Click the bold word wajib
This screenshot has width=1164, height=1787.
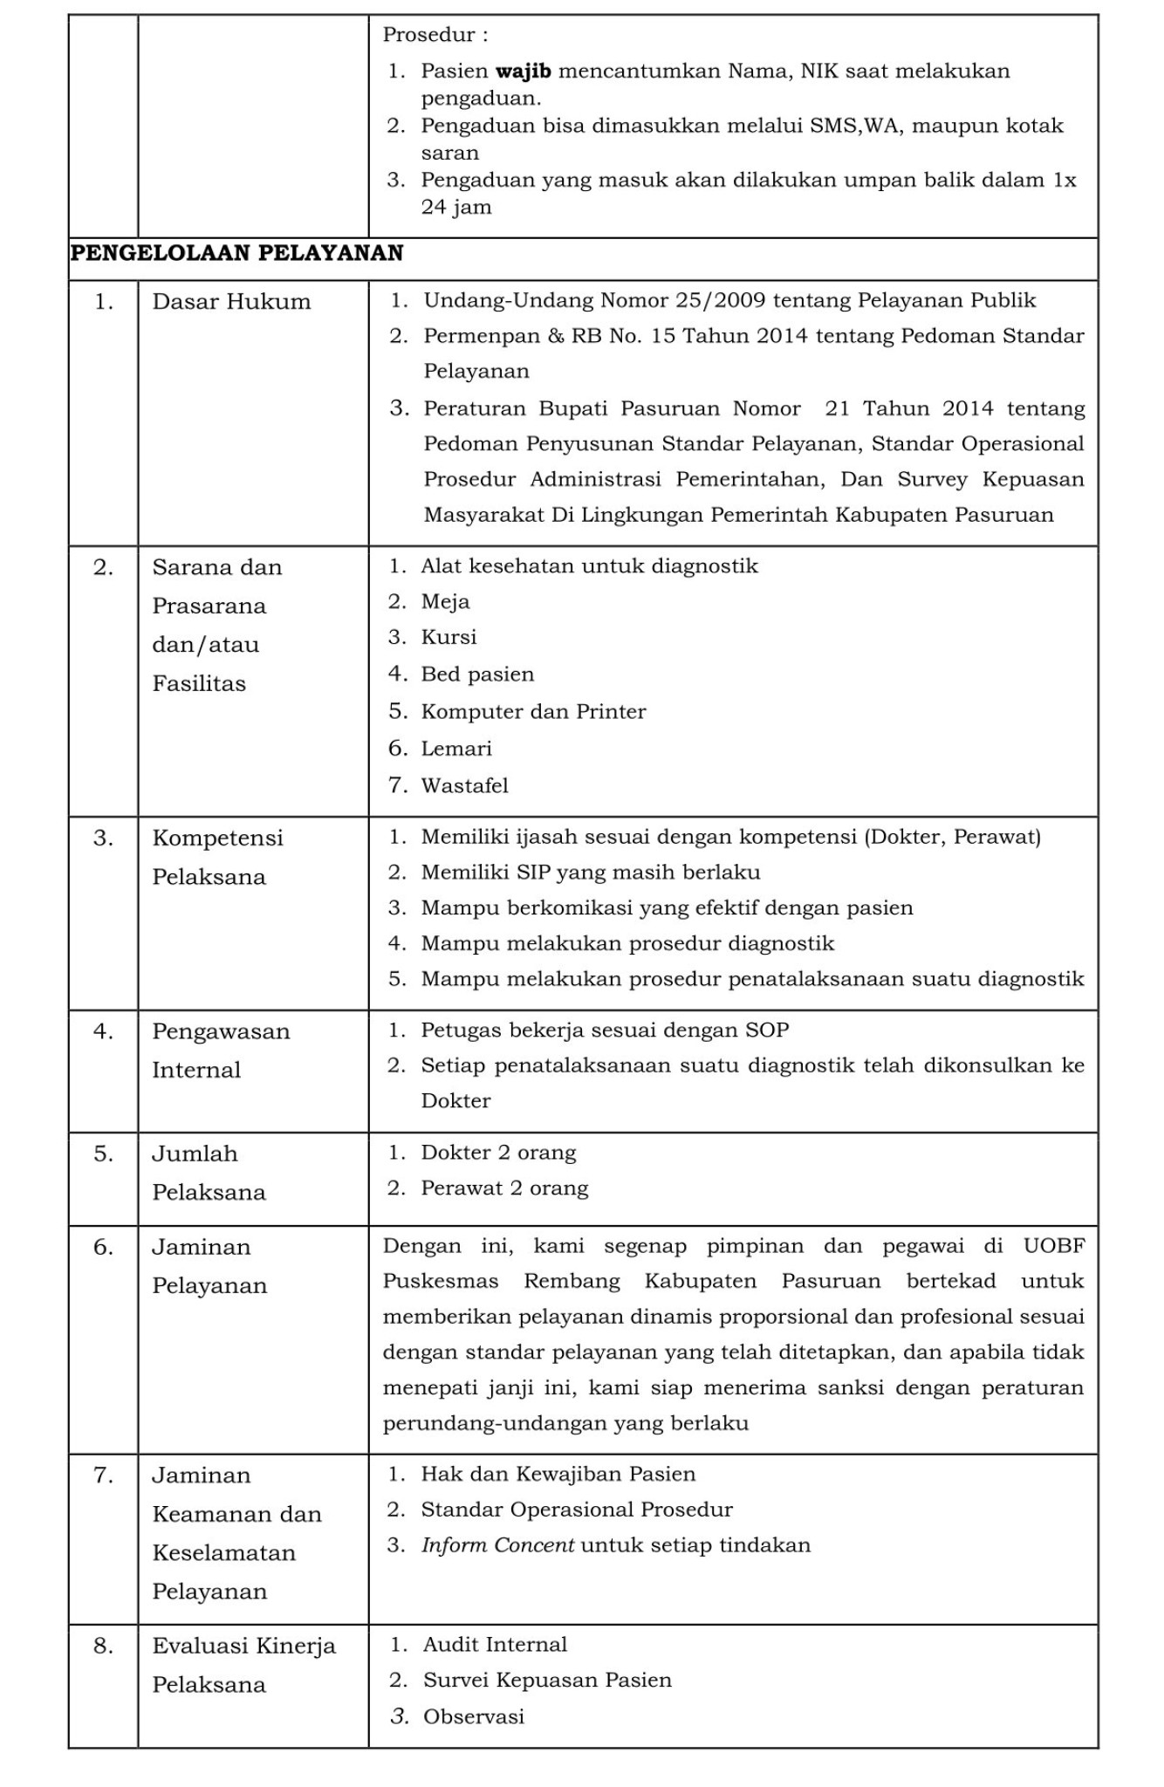pyautogui.click(x=523, y=71)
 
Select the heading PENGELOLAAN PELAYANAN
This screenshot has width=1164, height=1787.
pyautogui.click(x=236, y=253)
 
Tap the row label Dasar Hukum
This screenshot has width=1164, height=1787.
pyautogui.click(x=231, y=302)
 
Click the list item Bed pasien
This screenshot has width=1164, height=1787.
pyautogui.click(x=477, y=674)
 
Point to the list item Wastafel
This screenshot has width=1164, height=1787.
pyautogui.click(x=464, y=785)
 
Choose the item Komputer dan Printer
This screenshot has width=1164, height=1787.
pyautogui.click(x=533, y=711)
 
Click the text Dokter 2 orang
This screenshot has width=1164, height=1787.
pyautogui.click(x=498, y=1153)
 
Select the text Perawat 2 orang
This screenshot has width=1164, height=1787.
pyautogui.click(x=504, y=1188)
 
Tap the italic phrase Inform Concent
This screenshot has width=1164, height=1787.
pyautogui.click(x=497, y=1545)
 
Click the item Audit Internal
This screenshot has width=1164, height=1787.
pyautogui.click(x=495, y=1645)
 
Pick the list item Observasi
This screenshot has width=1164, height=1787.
pyautogui.click(x=474, y=1717)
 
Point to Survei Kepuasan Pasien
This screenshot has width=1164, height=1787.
pyautogui.click(x=547, y=1681)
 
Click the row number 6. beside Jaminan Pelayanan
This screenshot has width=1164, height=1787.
pyautogui.click(x=104, y=1248)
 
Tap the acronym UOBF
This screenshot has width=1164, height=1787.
pyautogui.click(x=1054, y=1246)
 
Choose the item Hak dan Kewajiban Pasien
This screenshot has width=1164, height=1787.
pyautogui.click(x=558, y=1475)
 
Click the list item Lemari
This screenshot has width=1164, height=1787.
pyautogui.click(x=456, y=749)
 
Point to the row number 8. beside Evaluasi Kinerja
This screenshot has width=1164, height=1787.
pyautogui.click(x=104, y=1647)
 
